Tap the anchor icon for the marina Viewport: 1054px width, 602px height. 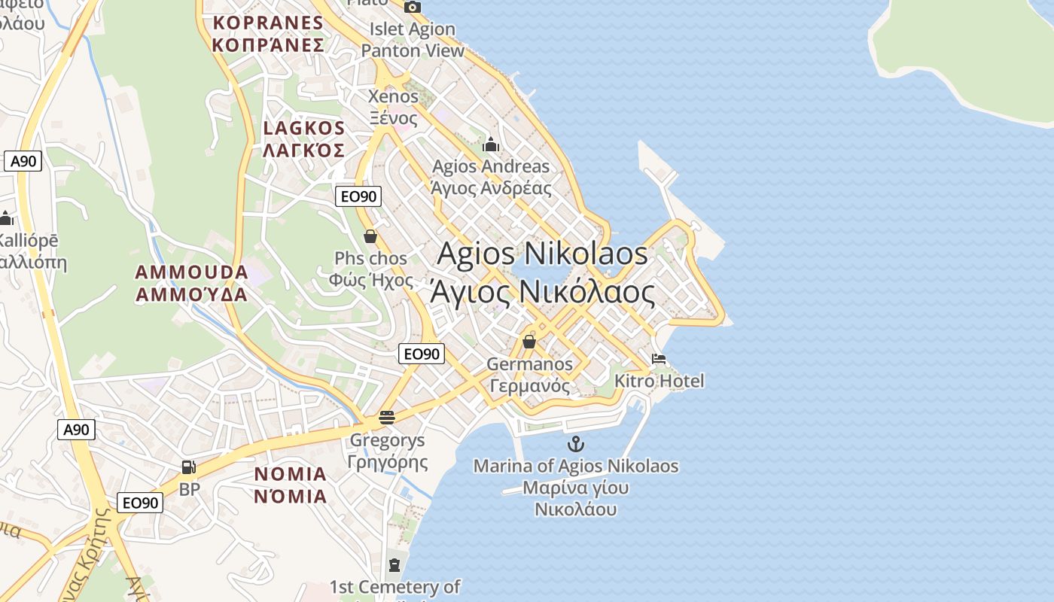point(576,444)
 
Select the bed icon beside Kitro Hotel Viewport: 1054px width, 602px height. point(659,359)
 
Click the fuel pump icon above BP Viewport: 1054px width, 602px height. point(189,467)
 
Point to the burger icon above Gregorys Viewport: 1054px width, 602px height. point(387,418)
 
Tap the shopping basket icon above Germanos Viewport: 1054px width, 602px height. point(529,342)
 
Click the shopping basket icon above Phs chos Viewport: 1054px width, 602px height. point(370,236)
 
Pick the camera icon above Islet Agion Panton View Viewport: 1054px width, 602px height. point(413,8)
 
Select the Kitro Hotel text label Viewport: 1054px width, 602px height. point(660,381)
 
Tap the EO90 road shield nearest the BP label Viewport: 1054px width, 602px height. point(140,503)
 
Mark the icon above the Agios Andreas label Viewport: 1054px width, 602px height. point(491,144)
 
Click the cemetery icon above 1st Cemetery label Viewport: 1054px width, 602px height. point(394,564)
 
